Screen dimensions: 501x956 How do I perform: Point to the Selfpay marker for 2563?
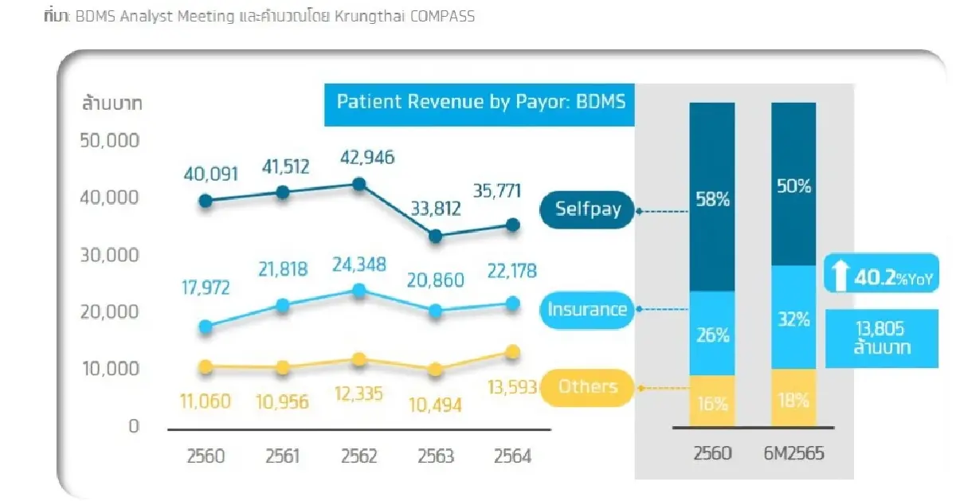[435, 236]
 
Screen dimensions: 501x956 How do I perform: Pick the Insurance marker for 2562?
[359, 291]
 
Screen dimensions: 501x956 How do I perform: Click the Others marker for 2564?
[512, 352]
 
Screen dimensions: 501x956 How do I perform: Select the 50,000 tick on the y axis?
[110, 140]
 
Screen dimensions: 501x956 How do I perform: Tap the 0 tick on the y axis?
[133, 426]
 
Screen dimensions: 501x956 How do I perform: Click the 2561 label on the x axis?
[282, 457]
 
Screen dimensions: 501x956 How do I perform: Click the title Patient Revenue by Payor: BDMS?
[480, 102]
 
